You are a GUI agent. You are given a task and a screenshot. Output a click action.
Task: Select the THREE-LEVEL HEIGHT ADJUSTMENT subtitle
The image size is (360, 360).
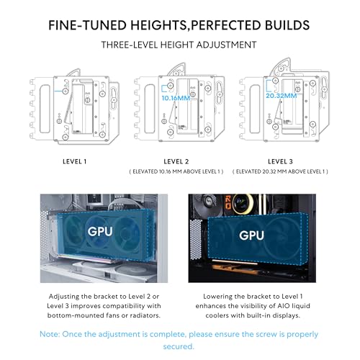tap(179, 45)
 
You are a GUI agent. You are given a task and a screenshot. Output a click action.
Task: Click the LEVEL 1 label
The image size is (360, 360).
tap(74, 161)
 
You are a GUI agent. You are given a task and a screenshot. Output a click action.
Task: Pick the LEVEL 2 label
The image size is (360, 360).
tap(176, 161)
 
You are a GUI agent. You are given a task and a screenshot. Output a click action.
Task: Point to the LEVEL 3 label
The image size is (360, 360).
tap(280, 161)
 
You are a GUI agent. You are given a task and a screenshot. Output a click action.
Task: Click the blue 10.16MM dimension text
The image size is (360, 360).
tap(176, 98)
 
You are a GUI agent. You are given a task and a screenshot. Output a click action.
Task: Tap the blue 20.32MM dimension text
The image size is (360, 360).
tap(282, 96)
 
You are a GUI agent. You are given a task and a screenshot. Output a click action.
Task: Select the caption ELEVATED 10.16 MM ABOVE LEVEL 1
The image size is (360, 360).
tap(176, 171)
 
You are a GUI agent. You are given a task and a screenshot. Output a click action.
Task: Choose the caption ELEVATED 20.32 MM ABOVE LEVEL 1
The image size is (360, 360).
tap(280, 171)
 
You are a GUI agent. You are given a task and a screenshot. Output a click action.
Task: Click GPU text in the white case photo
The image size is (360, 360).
tap(100, 232)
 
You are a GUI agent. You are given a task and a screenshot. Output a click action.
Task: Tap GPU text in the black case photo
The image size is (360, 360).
tap(251, 235)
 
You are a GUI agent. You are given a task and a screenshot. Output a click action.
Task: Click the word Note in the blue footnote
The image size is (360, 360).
tap(50, 334)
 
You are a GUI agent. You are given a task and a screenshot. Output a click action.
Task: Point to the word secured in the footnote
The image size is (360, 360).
tap(179, 346)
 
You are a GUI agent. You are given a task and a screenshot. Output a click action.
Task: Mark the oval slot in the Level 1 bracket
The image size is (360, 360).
tap(45, 109)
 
